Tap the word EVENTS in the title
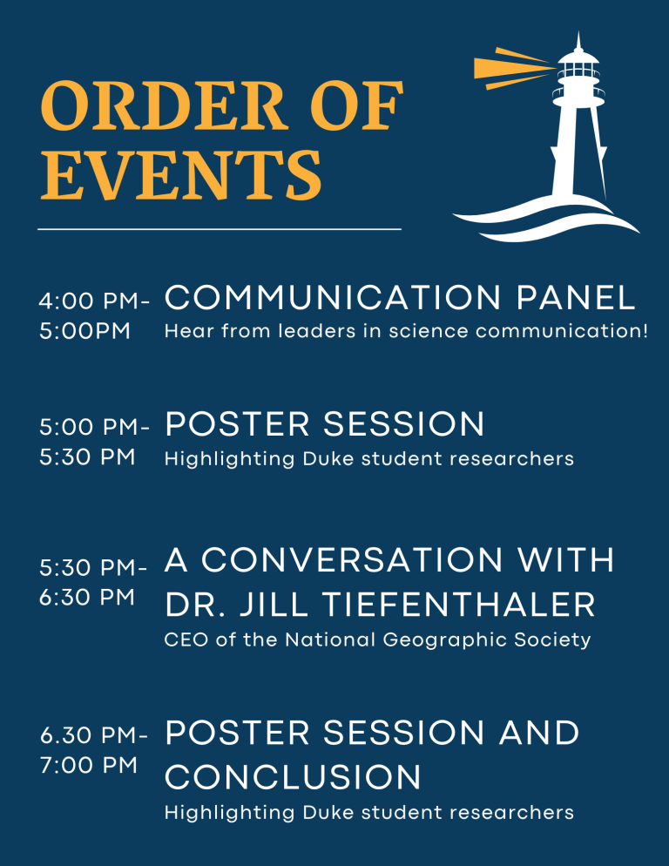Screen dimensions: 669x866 pos(181,174)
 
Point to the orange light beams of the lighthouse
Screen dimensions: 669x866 pos(514,68)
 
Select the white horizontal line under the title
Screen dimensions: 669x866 pos(220,228)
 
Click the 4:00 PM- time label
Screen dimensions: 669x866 pos(94,301)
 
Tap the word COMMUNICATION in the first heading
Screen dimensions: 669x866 pos(333,298)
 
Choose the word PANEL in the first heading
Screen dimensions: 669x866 pos(576,298)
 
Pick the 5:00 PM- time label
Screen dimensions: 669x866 pos(94,427)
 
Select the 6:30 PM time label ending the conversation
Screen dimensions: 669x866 pos(87,597)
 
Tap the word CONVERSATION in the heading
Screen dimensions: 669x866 pos(352,560)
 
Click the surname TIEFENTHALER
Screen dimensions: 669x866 pos(458,605)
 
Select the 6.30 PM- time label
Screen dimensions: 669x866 pos(94,735)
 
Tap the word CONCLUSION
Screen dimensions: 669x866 pos(293,777)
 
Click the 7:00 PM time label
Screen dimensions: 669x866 pos(88,766)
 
